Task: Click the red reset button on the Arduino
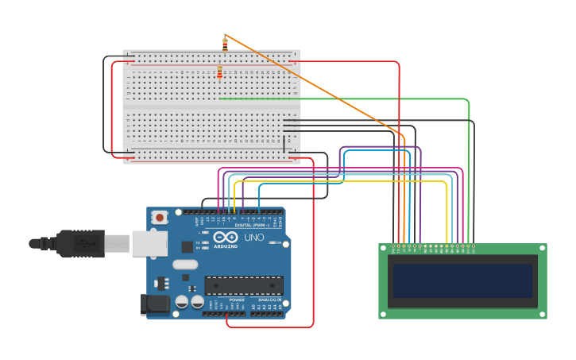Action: (160, 216)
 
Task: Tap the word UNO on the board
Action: (253, 237)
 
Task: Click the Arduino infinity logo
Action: (225, 237)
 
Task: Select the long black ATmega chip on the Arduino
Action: (244, 285)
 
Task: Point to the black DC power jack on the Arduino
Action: (154, 303)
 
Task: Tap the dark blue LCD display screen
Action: (462, 281)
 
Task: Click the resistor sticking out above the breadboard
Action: (225, 45)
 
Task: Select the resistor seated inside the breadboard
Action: (220, 73)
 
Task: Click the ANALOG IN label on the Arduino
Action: (268, 300)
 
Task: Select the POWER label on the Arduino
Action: (237, 300)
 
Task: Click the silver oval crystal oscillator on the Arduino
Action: (184, 265)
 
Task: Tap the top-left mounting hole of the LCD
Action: (384, 249)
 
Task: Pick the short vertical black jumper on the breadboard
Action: (284, 144)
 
